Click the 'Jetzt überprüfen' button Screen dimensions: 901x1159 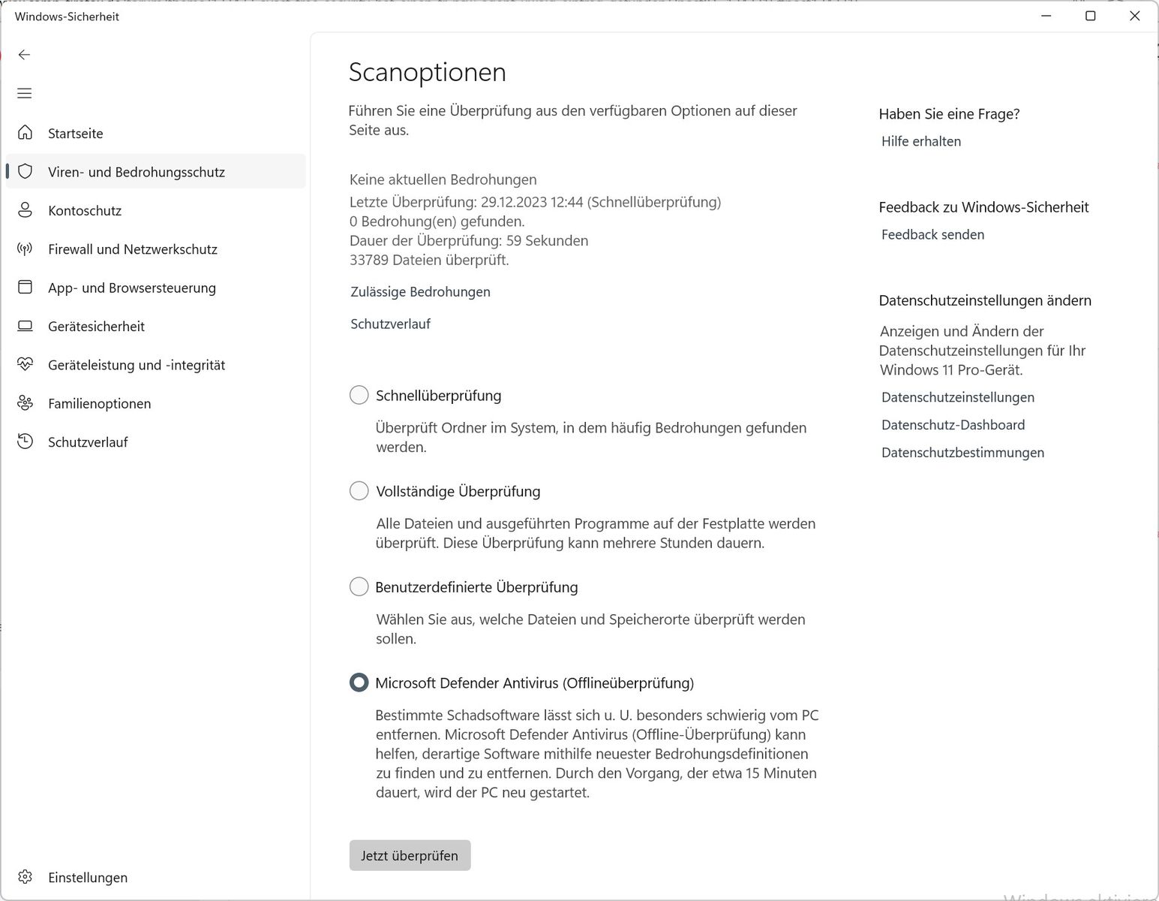[x=410, y=855]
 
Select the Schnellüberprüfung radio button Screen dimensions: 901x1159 [x=359, y=395]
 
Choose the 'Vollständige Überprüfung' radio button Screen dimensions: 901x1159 [x=359, y=491]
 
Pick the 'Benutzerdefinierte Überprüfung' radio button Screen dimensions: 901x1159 [x=359, y=586]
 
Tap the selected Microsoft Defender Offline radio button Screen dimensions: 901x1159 [x=359, y=683]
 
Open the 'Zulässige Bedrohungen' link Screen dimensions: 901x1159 [x=420, y=291]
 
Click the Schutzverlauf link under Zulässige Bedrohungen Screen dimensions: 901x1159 [x=390, y=324]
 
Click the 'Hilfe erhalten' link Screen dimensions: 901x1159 [x=920, y=141]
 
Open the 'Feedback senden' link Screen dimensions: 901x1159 [x=932, y=234]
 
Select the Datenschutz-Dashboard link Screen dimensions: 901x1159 [x=953, y=425]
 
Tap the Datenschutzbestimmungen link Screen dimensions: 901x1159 [x=962, y=453]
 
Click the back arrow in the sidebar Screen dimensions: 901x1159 [x=25, y=54]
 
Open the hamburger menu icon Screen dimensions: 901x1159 [x=25, y=93]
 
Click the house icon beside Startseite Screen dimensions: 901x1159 [x=26, y=133]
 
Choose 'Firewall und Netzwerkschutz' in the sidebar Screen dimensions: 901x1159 [x=132, y=249]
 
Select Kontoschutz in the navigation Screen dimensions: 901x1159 [x=85, y=210]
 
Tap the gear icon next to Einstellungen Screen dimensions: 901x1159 [x=26, y=877]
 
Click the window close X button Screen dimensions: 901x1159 [x=1134, y=16]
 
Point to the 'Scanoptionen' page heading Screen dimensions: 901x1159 [x=427, y=72]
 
